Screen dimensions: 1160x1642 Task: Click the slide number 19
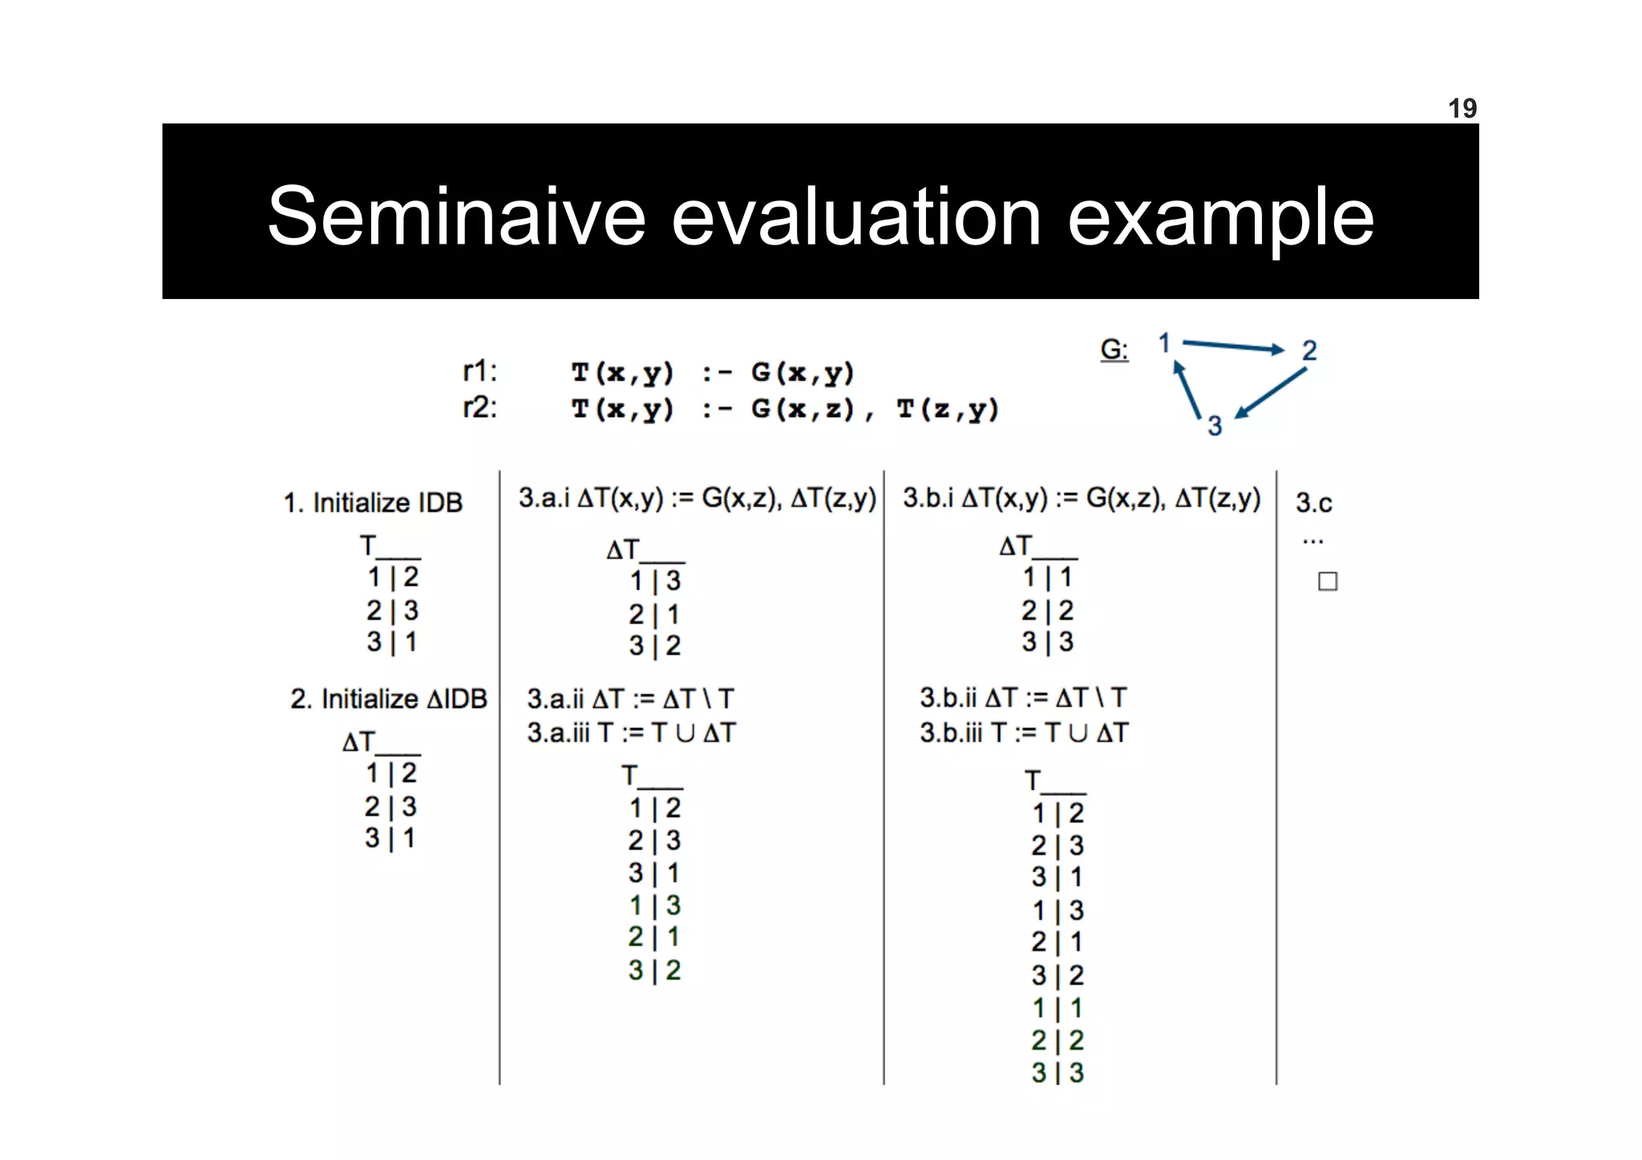1462,108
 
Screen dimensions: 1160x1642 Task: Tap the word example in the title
1220,217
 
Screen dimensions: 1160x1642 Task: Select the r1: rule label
479,371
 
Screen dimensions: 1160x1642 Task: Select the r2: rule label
479,407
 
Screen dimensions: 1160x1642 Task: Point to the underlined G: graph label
1114,350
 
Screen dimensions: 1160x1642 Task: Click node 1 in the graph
1164,343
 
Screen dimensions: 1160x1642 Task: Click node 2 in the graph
1309,350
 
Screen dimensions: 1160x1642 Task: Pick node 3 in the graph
1215,426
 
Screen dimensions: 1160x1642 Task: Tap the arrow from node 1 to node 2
1233,346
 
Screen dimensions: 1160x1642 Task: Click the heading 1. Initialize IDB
373,503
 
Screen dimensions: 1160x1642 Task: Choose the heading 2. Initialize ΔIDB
388,699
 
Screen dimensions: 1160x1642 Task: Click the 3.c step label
1313,503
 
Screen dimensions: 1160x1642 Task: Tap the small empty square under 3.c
1328,581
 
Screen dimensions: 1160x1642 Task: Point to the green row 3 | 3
1058,1073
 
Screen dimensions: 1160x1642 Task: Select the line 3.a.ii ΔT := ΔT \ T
630,699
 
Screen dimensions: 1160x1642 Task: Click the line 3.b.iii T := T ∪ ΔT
1024,733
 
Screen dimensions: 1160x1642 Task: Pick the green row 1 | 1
1058,1008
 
